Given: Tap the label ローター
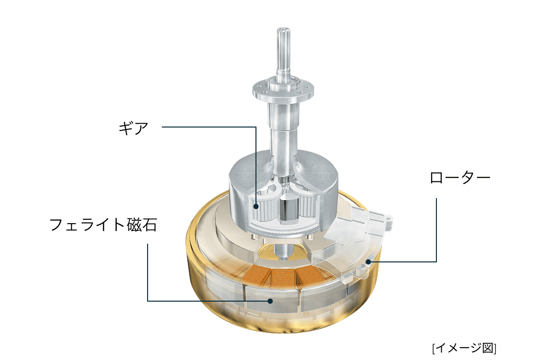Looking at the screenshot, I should tap(459, 177).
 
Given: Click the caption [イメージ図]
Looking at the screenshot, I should tap(464, 348).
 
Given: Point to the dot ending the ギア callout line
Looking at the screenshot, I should tap(255, 207).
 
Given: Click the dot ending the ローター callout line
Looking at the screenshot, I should tap(367, 262).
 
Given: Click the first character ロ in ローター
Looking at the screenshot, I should tap(437, 177).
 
